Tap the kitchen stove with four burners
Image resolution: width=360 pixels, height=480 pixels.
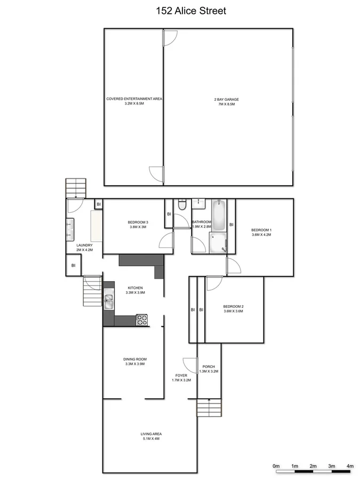click(x=142, y=320)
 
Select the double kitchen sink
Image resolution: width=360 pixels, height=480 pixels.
click(x=109, y=302)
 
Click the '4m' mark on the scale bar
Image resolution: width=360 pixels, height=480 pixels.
click(x=350, y=466)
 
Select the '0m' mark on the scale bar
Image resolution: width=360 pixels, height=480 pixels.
click(x=276, y=466)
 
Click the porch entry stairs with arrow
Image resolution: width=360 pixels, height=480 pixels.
click(x=209, y=409)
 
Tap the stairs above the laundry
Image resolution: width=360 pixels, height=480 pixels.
click(x=75, y=188)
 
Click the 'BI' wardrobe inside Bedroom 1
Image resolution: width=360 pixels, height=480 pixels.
click(x=231, y=225)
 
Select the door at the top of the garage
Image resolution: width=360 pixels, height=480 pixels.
click(x=170, y=37)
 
